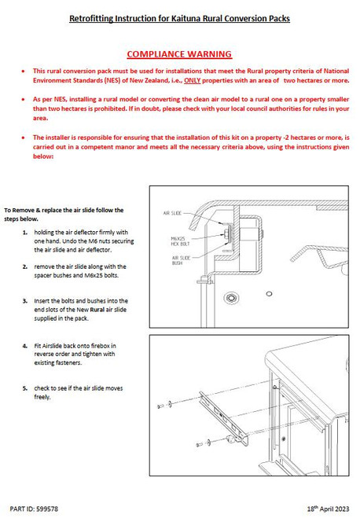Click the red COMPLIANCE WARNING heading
click(x=179, y=54)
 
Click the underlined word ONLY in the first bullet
click(x=193, y=80)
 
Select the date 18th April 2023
click(x=328, y=509)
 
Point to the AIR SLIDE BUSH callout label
click(x=181, y=260)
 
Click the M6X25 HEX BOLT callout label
click(x=180, y=241)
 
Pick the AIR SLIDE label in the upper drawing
click(x=172, y=213)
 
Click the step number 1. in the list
click(x=25, y=233)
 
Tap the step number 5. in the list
click(x=25, y=388)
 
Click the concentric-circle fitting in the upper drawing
click(x=231, y=298)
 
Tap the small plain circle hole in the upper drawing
click(x=269, y=293)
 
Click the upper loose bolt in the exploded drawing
click(x=161, y=406)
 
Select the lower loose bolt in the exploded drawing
click(x=199, y=445)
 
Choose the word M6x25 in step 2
click(x=94, y=275)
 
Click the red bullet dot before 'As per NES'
click(x=23, y=99)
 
